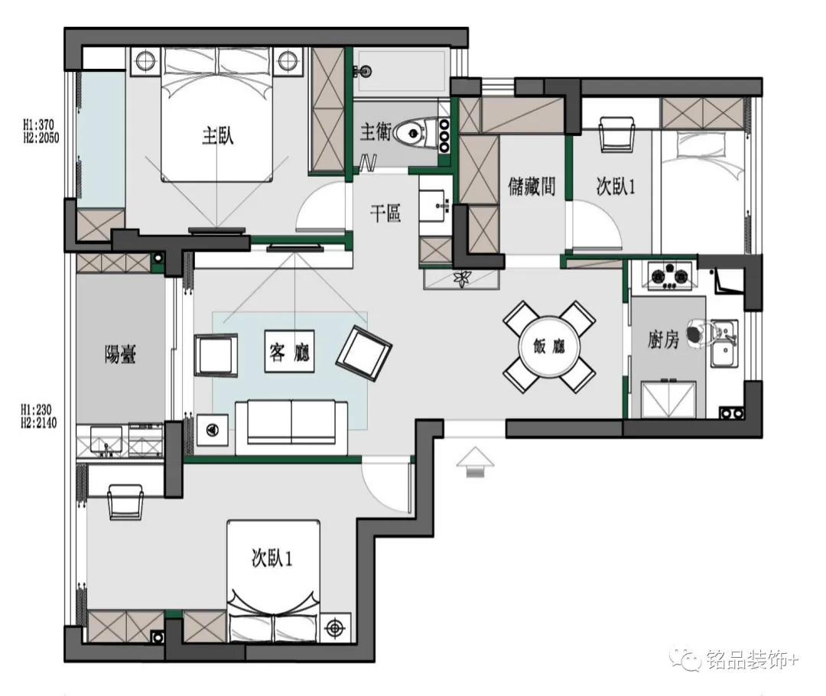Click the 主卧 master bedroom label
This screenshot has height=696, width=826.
pos(217,136)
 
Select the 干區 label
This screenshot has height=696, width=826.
pos(385,213)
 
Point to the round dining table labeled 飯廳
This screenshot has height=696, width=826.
pos(549,346)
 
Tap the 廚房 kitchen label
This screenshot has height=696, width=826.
pos(663,340)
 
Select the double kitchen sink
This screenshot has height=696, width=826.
pos(724,343)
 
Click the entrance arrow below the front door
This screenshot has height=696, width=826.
pos(475,462)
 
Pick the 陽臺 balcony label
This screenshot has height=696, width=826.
pos(121,354)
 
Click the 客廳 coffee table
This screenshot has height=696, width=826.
pos(289,351)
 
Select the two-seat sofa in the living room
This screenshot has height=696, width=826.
pos(291,428)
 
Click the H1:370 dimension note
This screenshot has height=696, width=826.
pos(38,125)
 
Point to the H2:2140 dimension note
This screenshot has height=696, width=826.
pos(38,423)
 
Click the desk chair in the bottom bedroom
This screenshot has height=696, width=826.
pos(125,502)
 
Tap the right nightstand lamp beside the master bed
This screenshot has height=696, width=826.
pos(288,60)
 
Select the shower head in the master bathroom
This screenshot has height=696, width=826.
pos(363,70)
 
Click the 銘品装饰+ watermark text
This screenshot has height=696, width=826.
pos(753,659)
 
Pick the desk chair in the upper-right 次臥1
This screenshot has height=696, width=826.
pos(617,135)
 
